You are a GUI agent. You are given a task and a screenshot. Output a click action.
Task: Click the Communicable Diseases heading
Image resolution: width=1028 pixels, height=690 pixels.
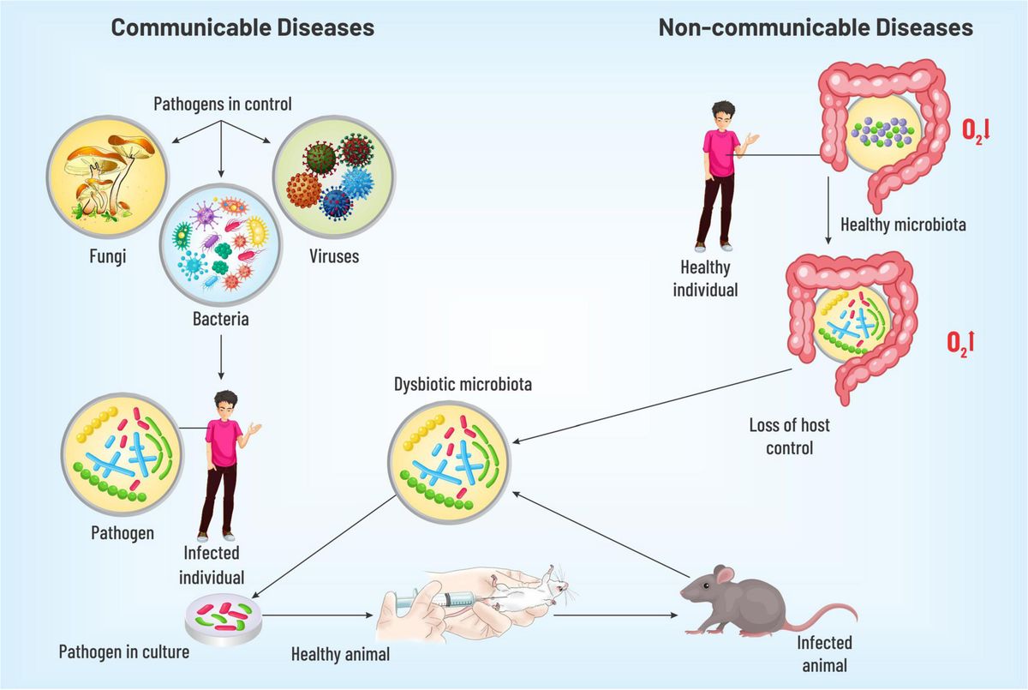242,27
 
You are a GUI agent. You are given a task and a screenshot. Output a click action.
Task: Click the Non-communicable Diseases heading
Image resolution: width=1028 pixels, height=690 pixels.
815,27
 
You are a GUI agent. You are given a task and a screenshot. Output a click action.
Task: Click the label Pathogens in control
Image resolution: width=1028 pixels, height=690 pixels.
223,105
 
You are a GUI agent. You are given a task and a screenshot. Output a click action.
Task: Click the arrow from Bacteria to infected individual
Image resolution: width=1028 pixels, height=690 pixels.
221,356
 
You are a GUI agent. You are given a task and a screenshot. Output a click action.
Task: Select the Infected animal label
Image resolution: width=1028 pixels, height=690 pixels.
824,653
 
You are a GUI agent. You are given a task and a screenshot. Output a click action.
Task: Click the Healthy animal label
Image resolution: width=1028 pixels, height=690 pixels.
340,654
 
